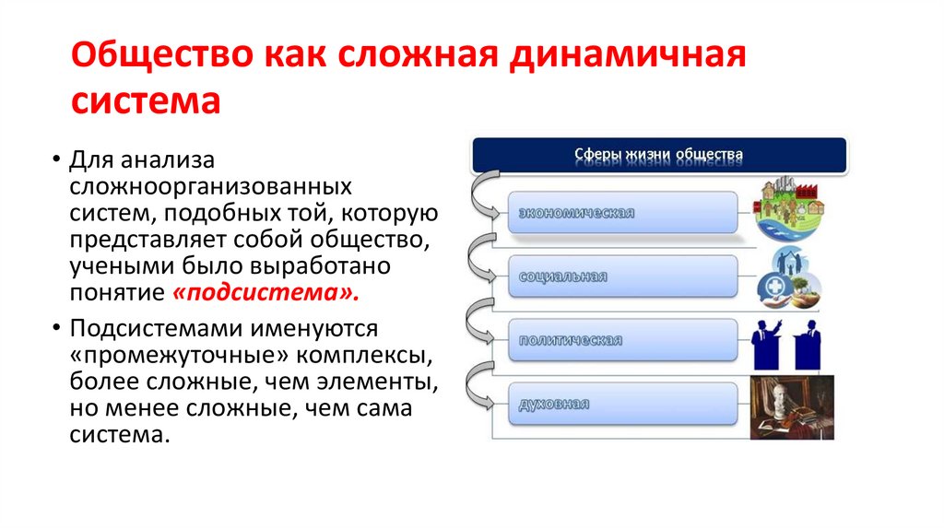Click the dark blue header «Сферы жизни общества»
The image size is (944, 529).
pyautogui.click(x=658, y=154)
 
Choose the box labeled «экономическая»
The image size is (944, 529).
pyautogui.click(x=623, y=213)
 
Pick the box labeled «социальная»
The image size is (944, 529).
pyautogui.click(x=623, y=276)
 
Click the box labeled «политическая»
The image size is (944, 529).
pyautogui.click(x=623, y=340)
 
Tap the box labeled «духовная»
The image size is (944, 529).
pyautogui.click(x=623, y=404)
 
